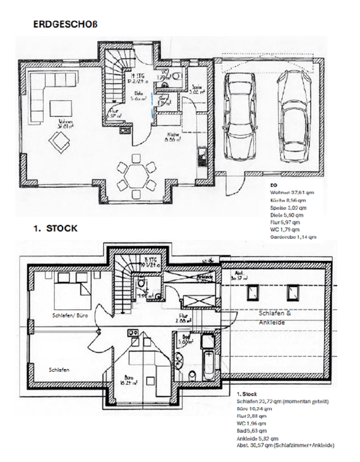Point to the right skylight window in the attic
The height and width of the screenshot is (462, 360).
pyautogui.click(x=292, y=292)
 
